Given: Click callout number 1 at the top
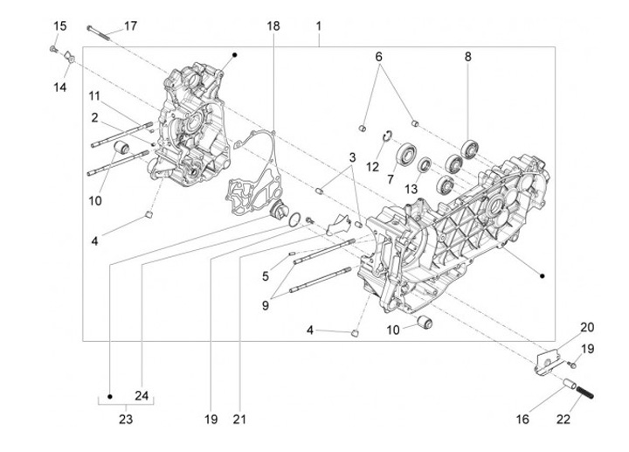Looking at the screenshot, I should coord(319,27).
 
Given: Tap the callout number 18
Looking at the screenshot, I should coord(273,27).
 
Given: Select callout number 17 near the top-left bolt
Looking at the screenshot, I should coord(129,26).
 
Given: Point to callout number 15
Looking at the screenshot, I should coord(59,26).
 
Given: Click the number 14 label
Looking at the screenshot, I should coord(59,87).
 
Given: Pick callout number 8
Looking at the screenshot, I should coord(467,57).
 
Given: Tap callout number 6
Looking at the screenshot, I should coord(379,57).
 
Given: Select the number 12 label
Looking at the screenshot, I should coord(371,166).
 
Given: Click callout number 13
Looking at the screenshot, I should coord(411,190).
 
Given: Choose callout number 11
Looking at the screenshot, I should coord(93,95).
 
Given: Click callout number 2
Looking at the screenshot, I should coord(93,116).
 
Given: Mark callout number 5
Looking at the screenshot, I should coord(265,276).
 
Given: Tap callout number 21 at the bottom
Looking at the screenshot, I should coord(239,419).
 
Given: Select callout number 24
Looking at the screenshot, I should coord(142,394).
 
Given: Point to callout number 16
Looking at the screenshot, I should coord(522,420).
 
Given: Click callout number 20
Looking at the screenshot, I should coord(587,328).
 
